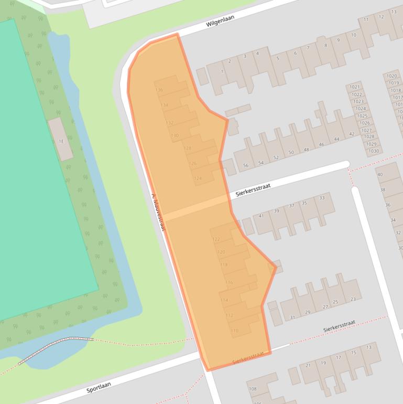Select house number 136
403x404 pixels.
coord(159,90)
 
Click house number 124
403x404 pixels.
coord(198,178)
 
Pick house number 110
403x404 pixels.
coord(234,331)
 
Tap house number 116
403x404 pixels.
coord(229,283)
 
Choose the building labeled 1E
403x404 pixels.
coord(61,141)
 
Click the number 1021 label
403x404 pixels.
coord(355,87)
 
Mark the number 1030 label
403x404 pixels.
coord(373,151)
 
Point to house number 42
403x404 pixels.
coord(351,134)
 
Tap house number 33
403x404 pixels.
coord(322,198)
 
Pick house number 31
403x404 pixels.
coord(292,317)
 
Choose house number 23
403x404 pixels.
coord(353,299)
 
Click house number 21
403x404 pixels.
coord(308,365)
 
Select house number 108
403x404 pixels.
coord(253,389)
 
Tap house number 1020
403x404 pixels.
coord(392,76)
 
